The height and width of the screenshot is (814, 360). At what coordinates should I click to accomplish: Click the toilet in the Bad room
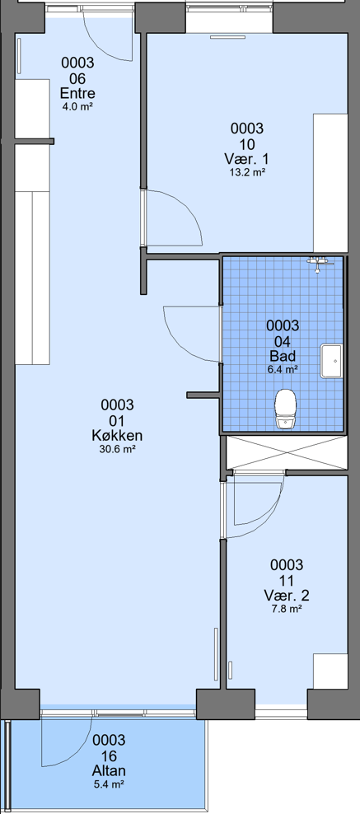click(x=285, y=409)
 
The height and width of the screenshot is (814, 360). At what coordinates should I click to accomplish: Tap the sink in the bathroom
click(x=331, y=361)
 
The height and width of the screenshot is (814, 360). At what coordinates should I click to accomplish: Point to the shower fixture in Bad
click(x=319, y=263)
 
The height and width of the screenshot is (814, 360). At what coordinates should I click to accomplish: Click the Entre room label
click(x=77, y=94)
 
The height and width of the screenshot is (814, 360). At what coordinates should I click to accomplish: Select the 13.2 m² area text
click(x=247, y=172)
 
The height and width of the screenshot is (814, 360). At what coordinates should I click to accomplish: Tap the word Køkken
click(x=117, y=436)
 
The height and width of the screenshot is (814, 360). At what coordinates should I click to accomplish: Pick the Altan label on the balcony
click(x=109, y=771)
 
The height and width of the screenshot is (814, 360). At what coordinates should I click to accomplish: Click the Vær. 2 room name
click(x=287, y=595)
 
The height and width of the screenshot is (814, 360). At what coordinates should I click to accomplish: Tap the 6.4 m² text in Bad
click(x=283, y=370)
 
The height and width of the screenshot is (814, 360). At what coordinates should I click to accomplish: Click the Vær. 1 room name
click(x=247, y=158)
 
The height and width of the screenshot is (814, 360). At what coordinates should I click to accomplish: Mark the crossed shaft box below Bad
click(x=287, y=452)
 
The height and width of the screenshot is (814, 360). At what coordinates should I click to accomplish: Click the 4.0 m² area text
click(x=77, y=107)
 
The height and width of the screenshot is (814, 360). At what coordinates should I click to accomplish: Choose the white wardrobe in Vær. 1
click(x=330, y=183)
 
